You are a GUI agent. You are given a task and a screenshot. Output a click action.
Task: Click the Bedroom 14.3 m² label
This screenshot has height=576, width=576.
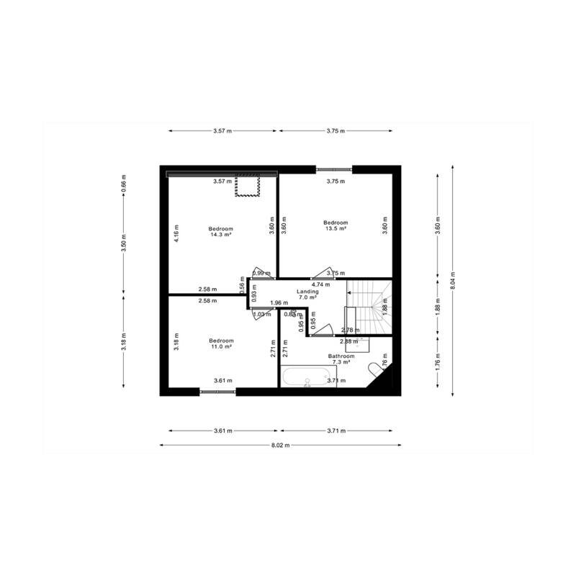[222, 231]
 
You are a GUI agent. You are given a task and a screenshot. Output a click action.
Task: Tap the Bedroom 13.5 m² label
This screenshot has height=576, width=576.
[336, 225]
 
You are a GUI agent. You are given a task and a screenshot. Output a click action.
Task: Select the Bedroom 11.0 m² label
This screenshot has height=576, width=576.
[221, 343]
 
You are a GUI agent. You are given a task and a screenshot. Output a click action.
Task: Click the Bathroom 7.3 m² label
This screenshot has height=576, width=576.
[341, 359]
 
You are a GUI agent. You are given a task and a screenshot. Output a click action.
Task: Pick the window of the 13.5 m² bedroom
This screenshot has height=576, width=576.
[334, 169]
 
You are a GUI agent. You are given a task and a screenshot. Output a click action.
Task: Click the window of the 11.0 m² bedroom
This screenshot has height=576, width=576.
[217, 392]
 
